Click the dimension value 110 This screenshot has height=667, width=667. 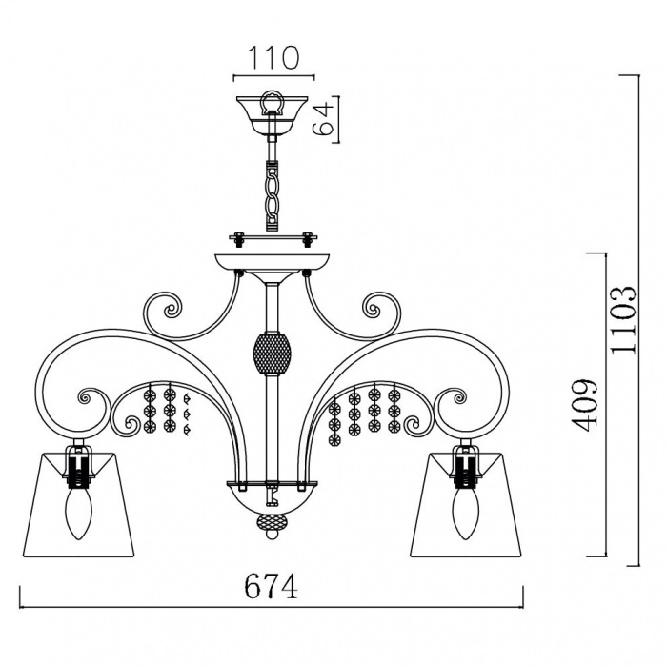coord(273,57)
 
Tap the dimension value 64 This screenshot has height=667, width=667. coord(324,118)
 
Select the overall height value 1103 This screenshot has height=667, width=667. coord(623,320)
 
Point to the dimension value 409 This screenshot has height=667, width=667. coord(585,405)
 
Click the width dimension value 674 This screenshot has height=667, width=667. coord(271,586)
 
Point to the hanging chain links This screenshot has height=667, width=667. coord(272,194)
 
